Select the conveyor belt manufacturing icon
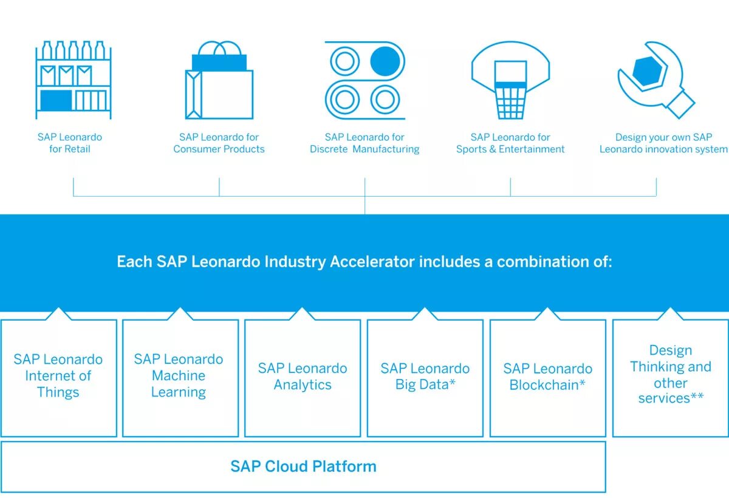(364, 80)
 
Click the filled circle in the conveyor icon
(385, 61)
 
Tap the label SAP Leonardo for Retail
(70, 143)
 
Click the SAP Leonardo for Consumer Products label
(219, 143)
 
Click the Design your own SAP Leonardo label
(663, 143)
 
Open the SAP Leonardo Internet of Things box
(58, 377)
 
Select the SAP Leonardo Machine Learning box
(179, 377)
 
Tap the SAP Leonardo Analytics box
(303, 377)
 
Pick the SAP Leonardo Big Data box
(425, 377)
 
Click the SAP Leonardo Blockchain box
(547, 377)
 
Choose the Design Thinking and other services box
(671, 375)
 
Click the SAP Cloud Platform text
(303, 466)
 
